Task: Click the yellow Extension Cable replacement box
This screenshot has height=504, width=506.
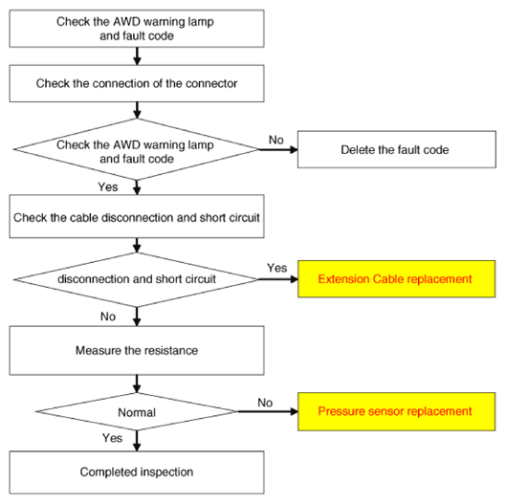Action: click(x=397, y=279)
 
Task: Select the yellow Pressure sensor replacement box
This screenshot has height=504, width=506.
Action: click(x=397, y=411)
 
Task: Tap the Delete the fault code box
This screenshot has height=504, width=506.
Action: click(x=397, y=149)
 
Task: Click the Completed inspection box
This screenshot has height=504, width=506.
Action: click(x=137, y=472)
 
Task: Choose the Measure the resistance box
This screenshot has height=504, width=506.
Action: click(x=137, y=350)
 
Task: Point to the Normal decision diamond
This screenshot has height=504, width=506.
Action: click(x=137, y=411)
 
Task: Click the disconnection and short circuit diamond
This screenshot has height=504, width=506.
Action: click(x=137, y=279)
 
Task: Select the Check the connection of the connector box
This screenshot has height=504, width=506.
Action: click(x=137, y=83)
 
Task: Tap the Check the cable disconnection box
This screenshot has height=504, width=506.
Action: click(x=137, y=216)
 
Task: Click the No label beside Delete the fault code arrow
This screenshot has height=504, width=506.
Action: click(x=276, y=140)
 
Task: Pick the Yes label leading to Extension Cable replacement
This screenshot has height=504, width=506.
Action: click(x=276, y=268)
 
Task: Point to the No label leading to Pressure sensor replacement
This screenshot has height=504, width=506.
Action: click(x=265, y=403)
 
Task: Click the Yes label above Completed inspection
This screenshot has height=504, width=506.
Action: click(x=112, y=438)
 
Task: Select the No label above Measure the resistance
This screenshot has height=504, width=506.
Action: click(x=108, y=317)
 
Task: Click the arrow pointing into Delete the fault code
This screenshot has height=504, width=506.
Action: click(x=278, y=150)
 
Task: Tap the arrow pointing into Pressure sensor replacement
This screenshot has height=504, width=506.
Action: click(x=268, y=411)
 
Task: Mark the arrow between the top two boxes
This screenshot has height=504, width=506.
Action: click(x=137, y=56)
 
